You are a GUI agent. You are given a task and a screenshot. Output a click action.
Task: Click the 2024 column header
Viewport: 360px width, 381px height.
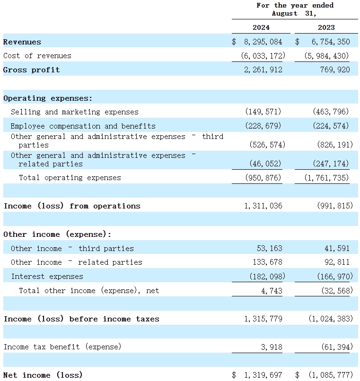click(261, 27)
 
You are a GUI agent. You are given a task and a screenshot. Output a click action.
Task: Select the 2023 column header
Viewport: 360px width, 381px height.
click(326, 27)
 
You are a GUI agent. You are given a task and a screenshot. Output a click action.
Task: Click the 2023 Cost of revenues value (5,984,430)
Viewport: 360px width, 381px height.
click(327, 56)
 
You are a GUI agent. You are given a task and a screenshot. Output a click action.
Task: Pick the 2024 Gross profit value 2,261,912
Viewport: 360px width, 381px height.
click(263, 70)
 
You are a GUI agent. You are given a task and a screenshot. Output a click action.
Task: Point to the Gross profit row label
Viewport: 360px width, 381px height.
click(32, 70)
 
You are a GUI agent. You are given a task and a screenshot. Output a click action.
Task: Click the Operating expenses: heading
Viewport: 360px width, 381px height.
click(48, 98)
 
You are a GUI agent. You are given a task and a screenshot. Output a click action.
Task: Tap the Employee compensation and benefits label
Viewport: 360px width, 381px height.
click(83, 126)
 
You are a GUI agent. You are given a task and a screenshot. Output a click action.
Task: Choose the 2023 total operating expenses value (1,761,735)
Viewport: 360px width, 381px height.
click(327, 178)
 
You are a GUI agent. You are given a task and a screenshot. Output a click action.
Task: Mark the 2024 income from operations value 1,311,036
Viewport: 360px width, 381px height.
click(263, 206)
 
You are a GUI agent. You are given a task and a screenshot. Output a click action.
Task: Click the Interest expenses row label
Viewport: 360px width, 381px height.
click(47, 277)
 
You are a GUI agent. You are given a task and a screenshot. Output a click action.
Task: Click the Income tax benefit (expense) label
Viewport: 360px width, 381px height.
click(62, 347)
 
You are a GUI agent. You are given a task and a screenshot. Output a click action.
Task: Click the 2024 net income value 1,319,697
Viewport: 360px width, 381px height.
click(263, 375)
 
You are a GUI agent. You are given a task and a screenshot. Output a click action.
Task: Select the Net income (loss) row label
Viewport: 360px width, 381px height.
click(43, 375)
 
